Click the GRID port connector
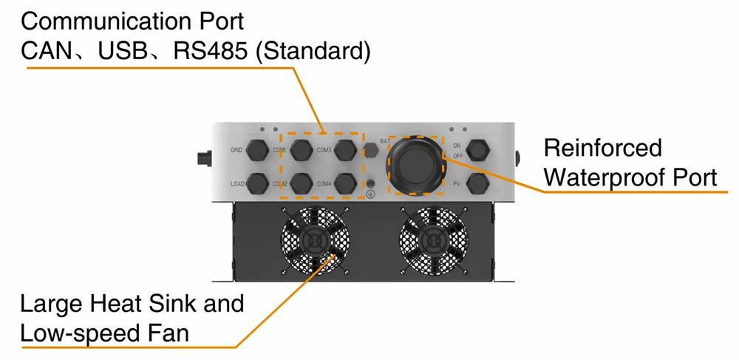pyautogui.click(x=256, y=151)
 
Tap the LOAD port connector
pyautogui.click(x=256, y=182)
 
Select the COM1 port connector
pyautogui.click(x=301, y=151)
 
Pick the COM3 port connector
pyautogui.click(x=344, y=151)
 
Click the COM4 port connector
pyautogui.click(x=344, y=182)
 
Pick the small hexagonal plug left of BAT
pyautogui.click(x=372, y=151)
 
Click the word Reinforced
pyautogui.click(x=603, y=148)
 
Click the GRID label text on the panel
pyautogui.click(x=236, y=150)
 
